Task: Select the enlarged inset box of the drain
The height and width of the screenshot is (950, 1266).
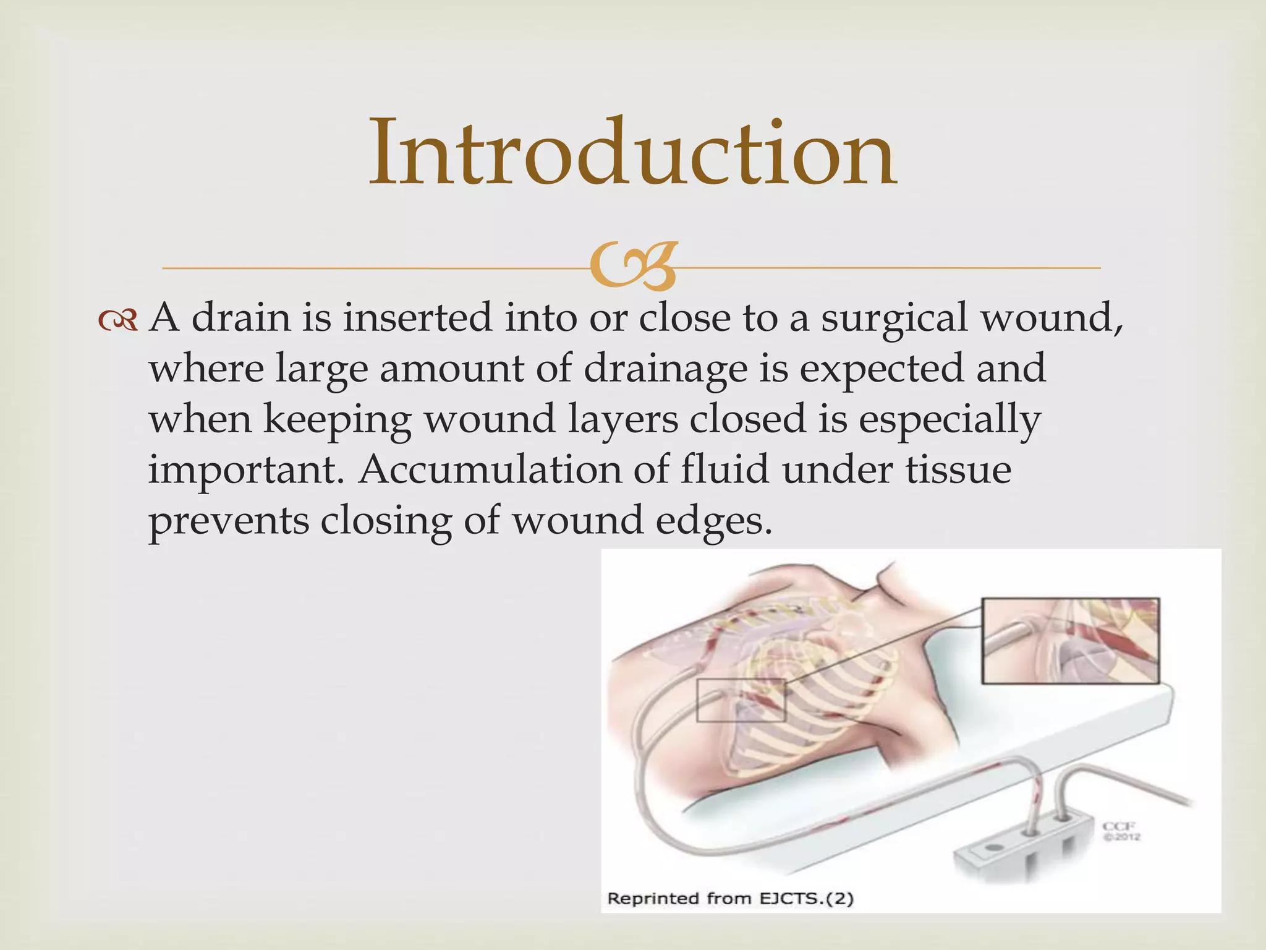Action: pos(1070,640)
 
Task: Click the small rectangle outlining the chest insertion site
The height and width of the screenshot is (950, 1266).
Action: pos(741,700)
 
